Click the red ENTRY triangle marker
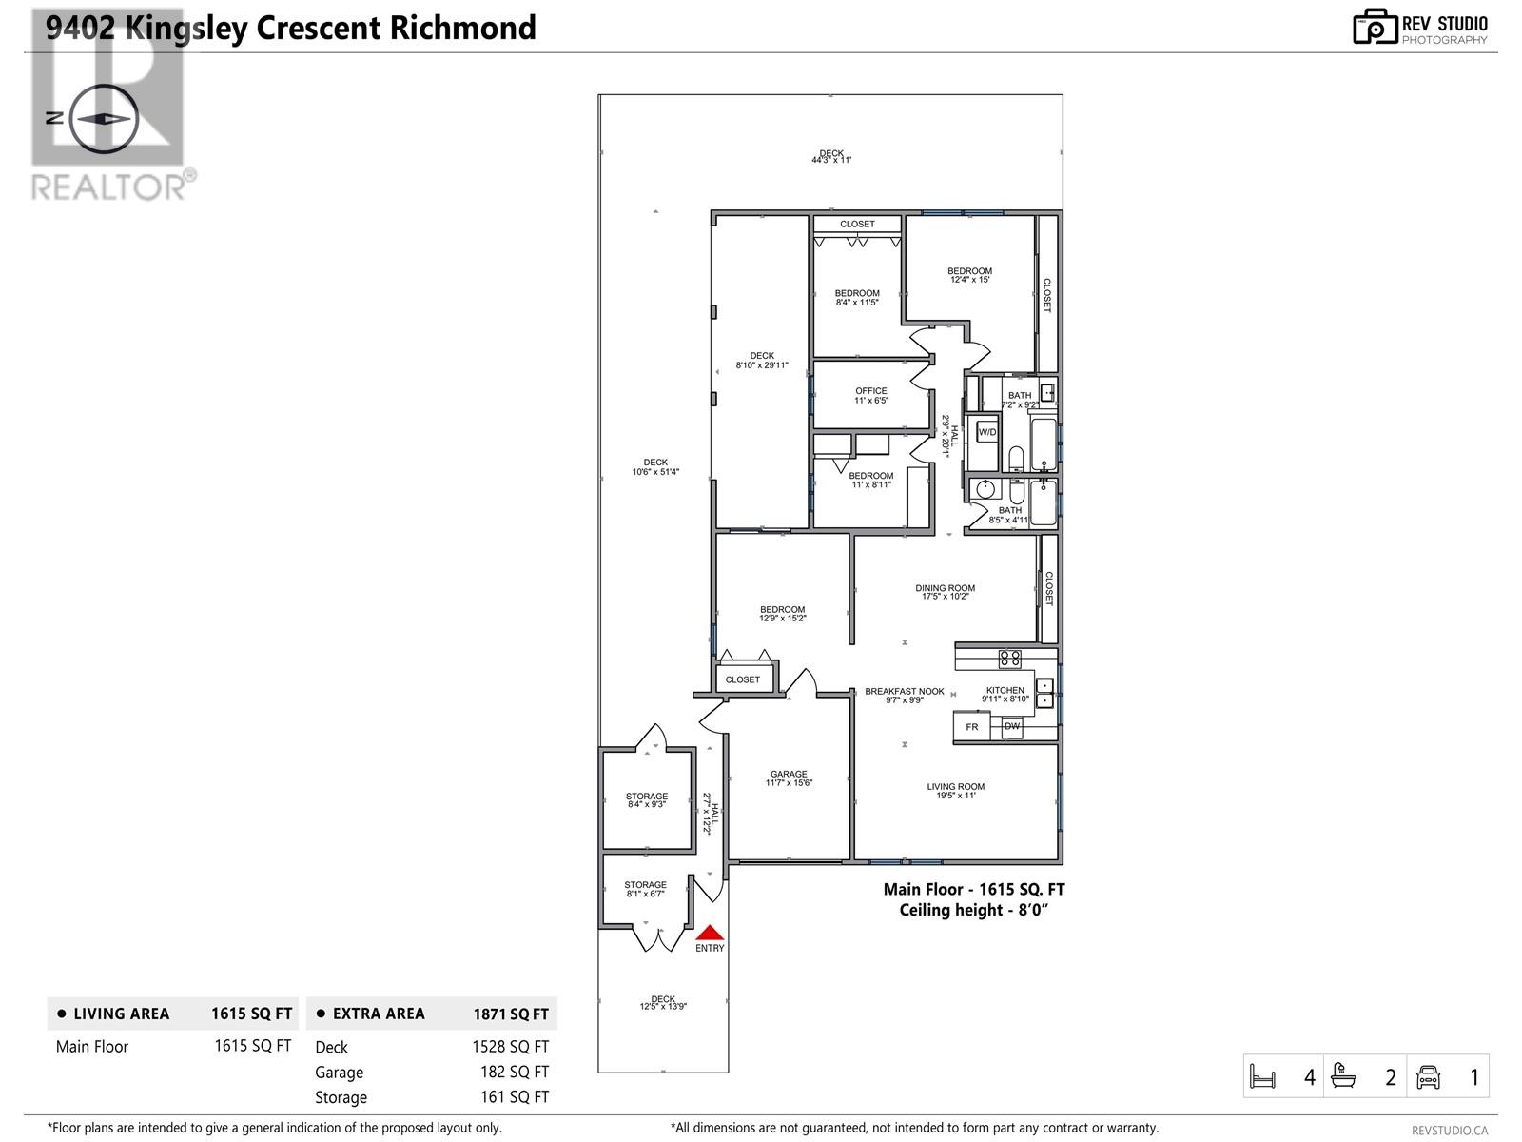click(x=710, y=933)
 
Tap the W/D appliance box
click(x=987, y=433)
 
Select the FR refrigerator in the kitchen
click(x=972, y=727)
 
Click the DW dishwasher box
click(x=1012, y=726)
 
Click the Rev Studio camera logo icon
click(x=1375, y=28)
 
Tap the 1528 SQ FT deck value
click(x=510, y=1047)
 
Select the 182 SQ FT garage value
click(x=514, y=1072)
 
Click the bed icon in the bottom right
click(x=1262, y=1077)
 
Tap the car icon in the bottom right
click(x=1429, y=1077)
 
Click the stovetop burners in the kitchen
click(x=1009, y=658)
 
